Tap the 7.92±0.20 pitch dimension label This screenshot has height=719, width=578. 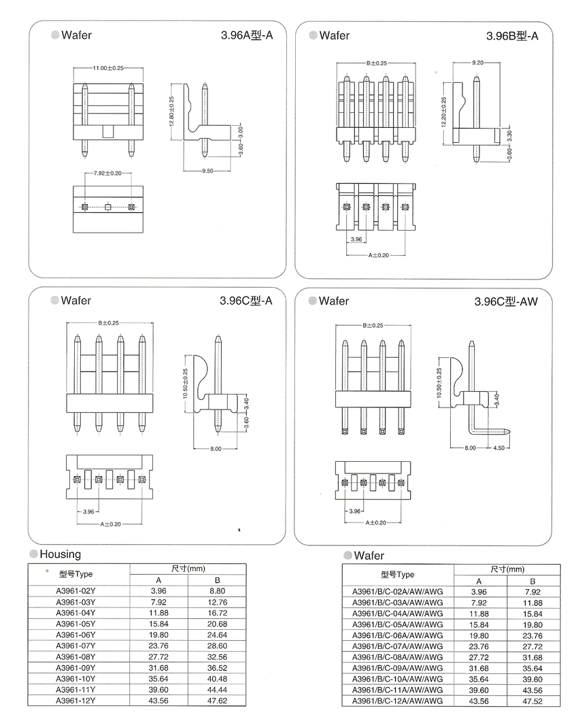[107, 173]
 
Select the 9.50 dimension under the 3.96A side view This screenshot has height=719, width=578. [207, 171]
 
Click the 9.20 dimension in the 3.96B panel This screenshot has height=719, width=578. [477, 63]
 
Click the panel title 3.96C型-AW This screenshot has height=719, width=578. [506, 301]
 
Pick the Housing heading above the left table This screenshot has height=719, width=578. [60, 554]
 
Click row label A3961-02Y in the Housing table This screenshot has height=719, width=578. [75, 591]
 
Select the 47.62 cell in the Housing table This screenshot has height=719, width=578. [216, 700]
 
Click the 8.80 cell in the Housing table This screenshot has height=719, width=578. [216, 591]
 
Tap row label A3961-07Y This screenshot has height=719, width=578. [75, 646]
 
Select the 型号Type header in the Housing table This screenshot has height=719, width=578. [75, 574]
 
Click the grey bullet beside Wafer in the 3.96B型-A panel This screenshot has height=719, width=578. [313, 35]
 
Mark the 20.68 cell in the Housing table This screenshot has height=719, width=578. [216, 624]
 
